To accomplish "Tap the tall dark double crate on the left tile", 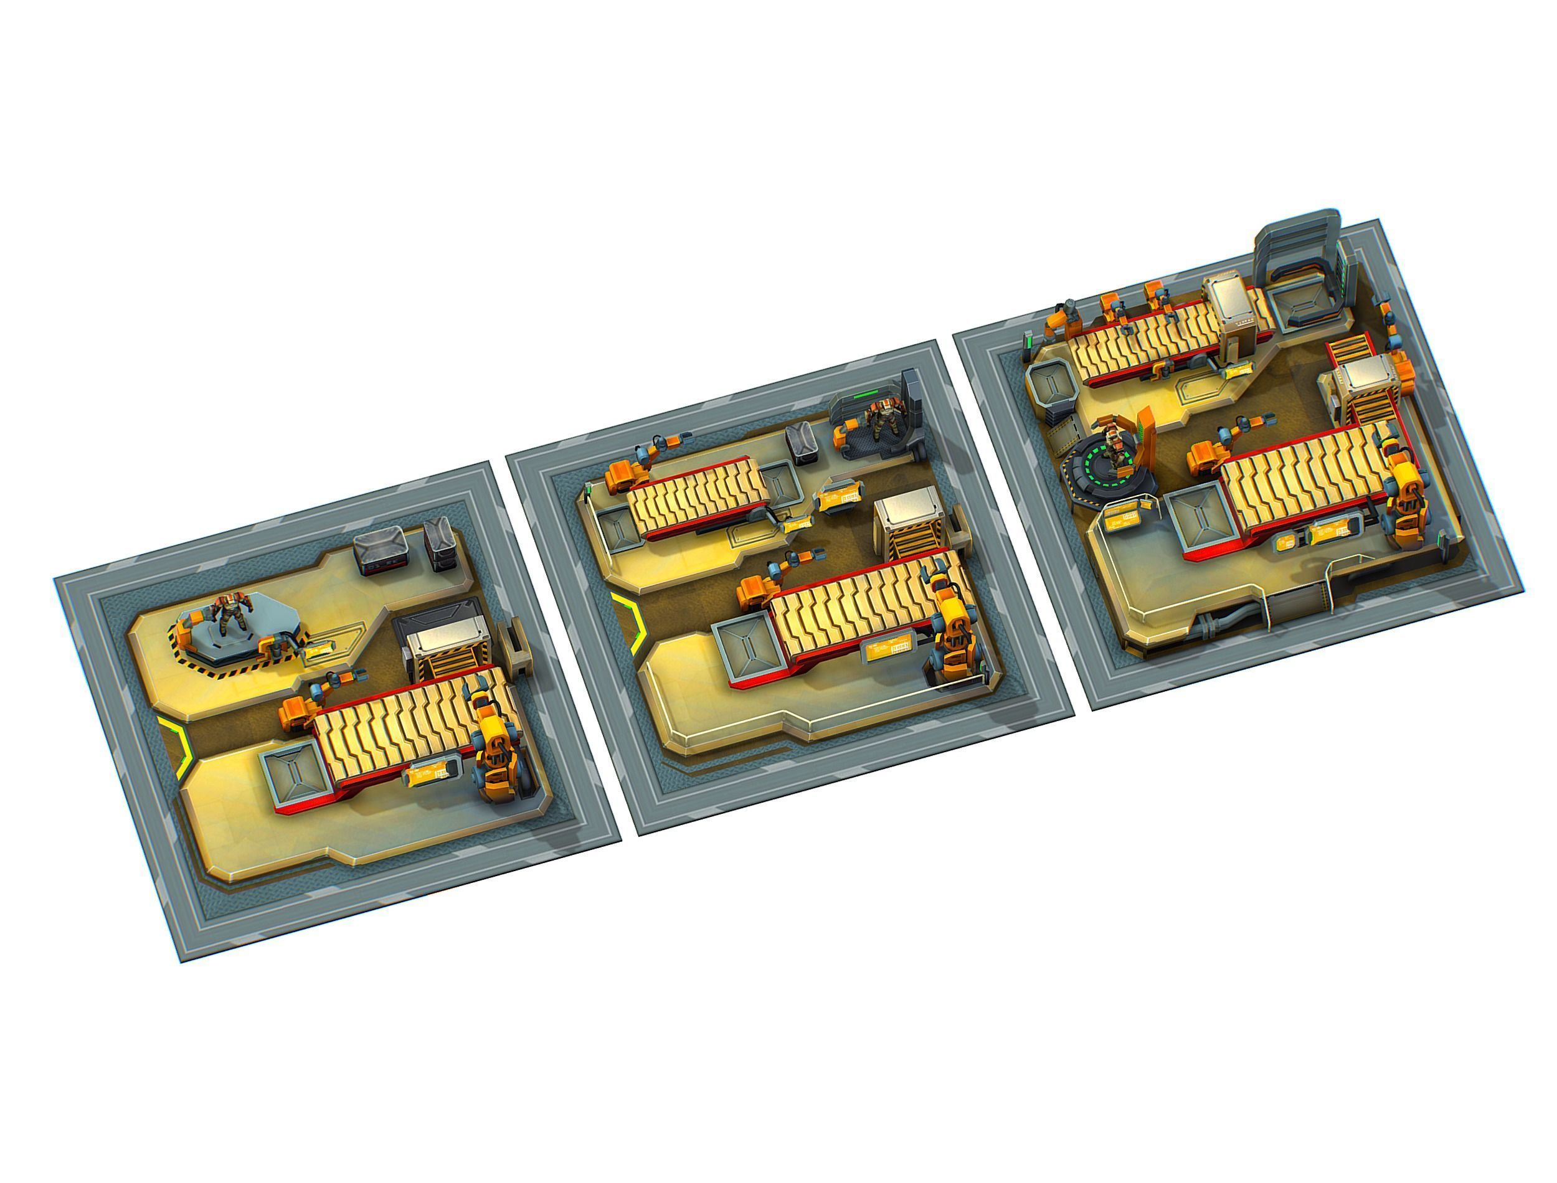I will point(440,544).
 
